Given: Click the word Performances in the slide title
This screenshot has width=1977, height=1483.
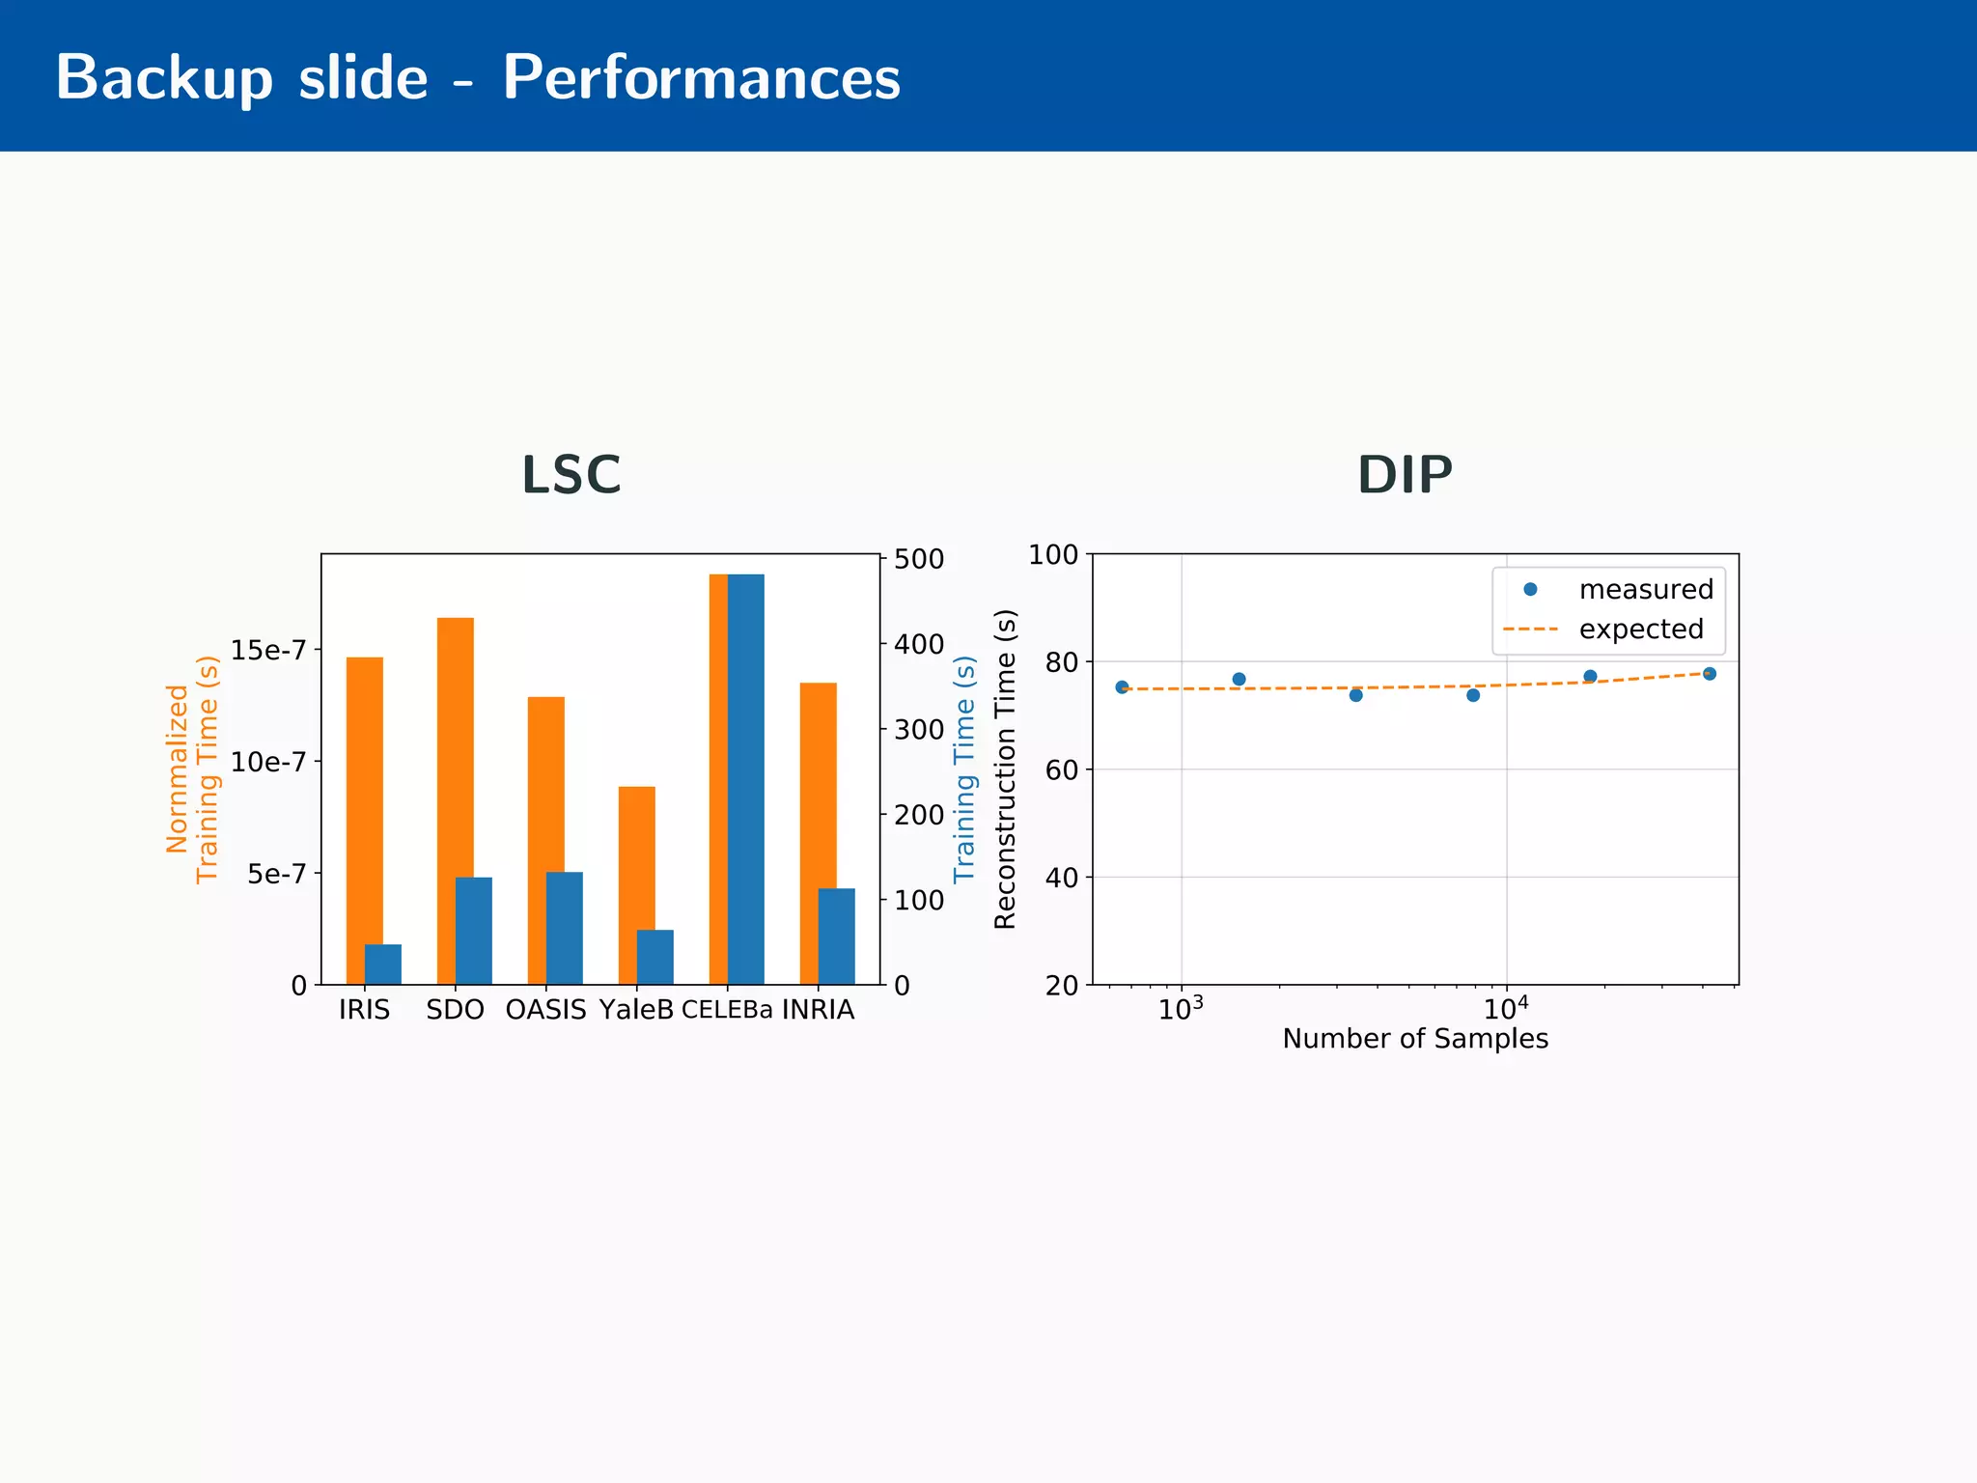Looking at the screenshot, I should point(701,77).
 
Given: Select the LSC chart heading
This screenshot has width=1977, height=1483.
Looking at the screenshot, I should point(571,475).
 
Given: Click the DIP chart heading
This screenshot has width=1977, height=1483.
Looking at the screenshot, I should point(1405,475).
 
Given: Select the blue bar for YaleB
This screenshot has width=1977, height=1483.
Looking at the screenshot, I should point(655,957).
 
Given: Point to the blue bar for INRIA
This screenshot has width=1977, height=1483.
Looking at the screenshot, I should point(837,936).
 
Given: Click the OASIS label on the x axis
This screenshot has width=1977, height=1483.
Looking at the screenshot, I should point(545,1010).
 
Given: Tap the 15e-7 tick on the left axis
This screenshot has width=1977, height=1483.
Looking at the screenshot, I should point(267,650).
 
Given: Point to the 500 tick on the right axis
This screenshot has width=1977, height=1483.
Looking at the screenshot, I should point(918,559).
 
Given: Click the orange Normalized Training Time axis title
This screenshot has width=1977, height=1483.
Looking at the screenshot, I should point(192,769).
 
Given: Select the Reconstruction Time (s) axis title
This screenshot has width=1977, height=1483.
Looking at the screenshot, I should point(1005,769).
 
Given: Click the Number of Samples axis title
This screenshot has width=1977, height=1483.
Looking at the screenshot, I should point(1414,1039).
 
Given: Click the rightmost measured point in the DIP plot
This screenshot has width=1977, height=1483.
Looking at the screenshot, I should point(1709,674).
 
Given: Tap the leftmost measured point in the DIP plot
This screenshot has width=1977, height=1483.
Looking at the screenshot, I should point(1122,687).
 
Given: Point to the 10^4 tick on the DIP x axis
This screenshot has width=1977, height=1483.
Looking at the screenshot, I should point(1506,1009).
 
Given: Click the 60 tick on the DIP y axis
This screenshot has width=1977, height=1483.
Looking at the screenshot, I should point(1062,770).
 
